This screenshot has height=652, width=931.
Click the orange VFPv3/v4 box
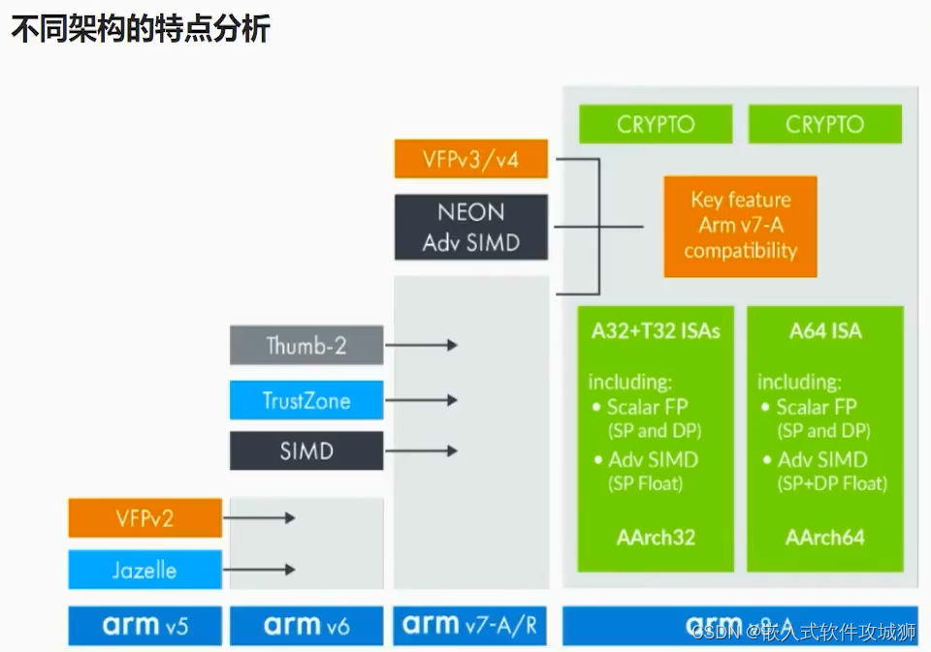471,159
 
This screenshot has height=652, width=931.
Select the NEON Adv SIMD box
471,227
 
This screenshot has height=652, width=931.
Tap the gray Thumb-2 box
306,345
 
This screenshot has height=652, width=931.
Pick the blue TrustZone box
306,400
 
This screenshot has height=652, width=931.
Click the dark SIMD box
306,450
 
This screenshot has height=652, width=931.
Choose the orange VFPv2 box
144,517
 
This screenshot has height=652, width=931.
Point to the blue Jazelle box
144,570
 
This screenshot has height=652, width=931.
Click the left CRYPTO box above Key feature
656,124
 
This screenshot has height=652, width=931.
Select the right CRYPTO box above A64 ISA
824,124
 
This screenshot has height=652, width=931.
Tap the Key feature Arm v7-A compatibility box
740,226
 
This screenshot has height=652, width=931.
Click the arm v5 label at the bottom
144,626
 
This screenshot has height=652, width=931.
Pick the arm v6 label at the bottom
306,626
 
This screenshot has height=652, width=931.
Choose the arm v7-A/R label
471,626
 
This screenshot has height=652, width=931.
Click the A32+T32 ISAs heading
657,331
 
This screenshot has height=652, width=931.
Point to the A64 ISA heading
825,331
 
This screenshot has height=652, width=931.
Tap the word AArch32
657,538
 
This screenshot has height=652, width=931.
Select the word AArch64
825,538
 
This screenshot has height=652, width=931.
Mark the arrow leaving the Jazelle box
260,570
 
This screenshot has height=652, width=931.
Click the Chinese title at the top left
140,29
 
